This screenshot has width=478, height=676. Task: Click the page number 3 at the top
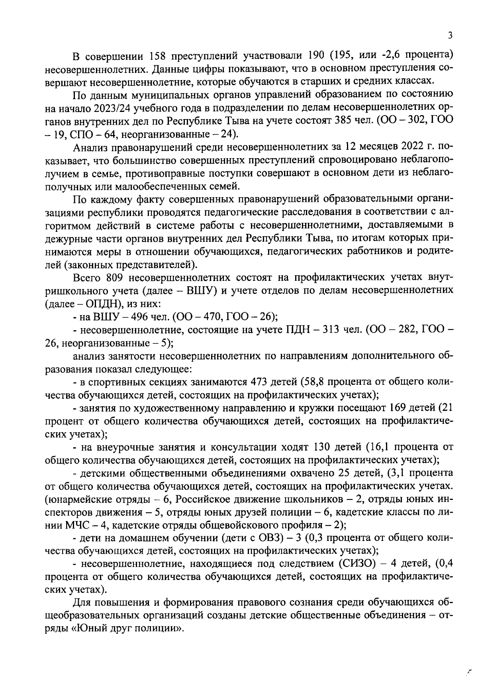[450, 36]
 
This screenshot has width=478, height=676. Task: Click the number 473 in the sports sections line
[260, 382]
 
